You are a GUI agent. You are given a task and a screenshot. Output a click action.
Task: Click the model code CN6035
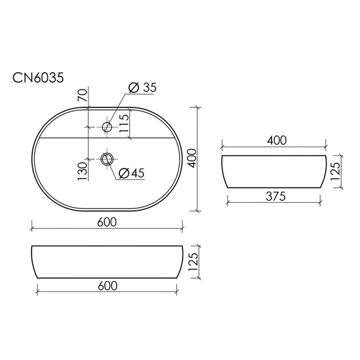coord(37,77)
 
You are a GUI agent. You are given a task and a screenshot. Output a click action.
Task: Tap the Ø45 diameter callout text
coord(131,172)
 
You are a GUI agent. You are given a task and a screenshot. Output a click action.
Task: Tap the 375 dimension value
coord(275,196)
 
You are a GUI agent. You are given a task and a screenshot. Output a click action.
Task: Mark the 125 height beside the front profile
coord(194,260)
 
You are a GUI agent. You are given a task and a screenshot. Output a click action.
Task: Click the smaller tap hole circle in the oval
coord(107,128)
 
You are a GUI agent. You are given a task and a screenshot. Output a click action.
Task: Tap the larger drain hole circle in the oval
coord(107,158)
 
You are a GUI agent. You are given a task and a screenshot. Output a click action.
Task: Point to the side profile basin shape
coord(275,171)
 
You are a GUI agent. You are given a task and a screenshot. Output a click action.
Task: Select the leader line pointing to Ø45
coord(113,167)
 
